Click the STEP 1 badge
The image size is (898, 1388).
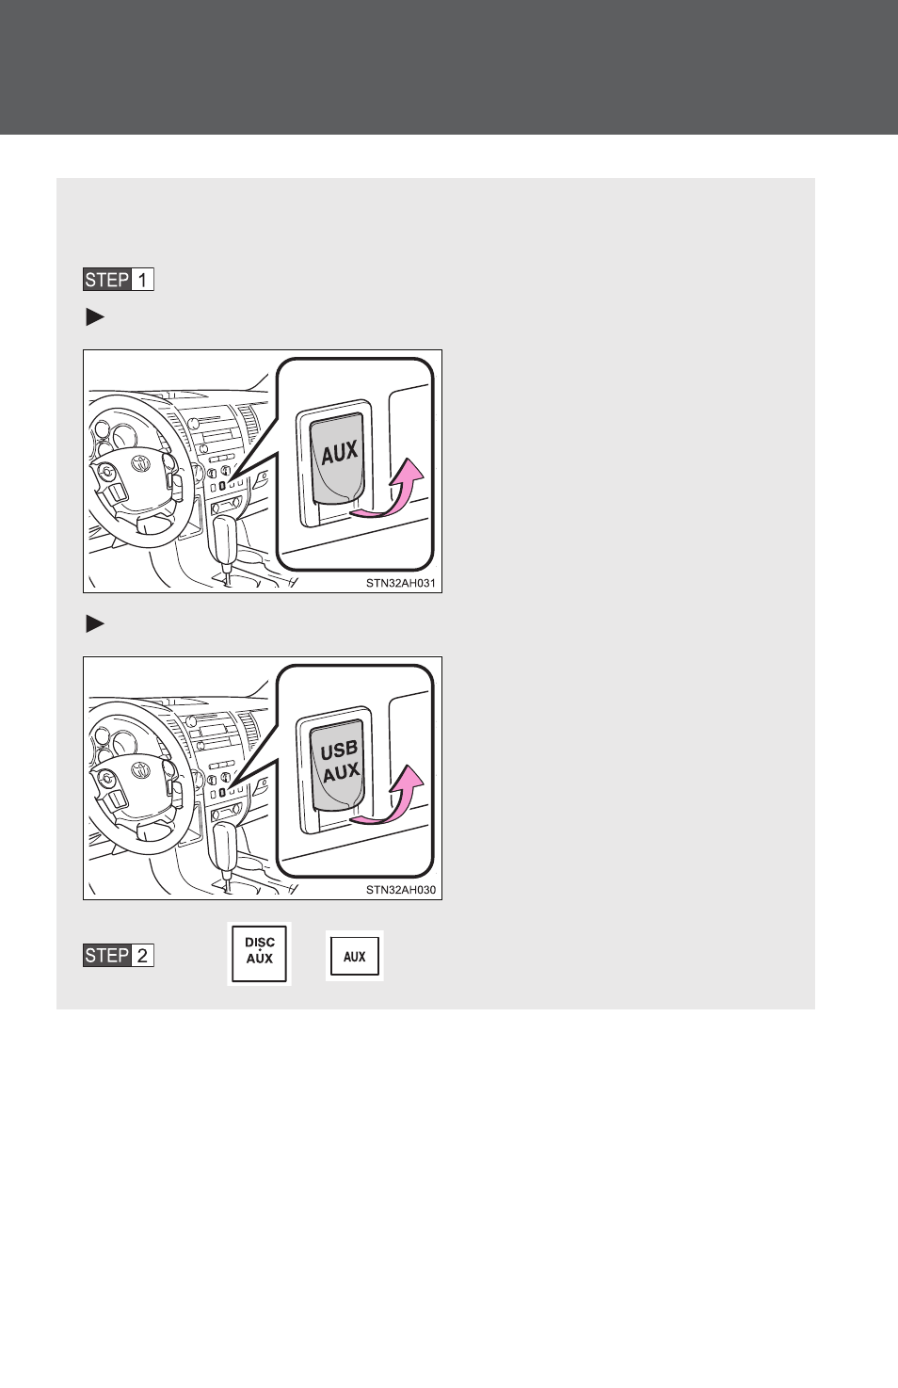119,280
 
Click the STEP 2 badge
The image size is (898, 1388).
119,956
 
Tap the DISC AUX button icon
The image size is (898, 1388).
260,954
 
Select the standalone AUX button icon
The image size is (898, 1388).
355,956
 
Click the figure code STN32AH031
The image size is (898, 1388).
401,583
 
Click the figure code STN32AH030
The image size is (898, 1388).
401,890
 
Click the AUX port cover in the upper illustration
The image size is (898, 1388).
338,458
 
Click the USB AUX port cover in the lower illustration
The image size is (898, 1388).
338,765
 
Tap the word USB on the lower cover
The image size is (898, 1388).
339,750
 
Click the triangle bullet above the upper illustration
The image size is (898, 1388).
95,317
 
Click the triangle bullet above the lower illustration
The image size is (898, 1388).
95,623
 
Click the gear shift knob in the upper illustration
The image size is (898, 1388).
225,538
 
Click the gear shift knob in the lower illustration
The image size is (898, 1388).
225,845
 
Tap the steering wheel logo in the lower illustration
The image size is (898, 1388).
140,770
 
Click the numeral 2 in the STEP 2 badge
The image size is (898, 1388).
142,956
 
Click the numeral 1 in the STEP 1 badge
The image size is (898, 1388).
142,280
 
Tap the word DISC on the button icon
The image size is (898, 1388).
260,943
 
